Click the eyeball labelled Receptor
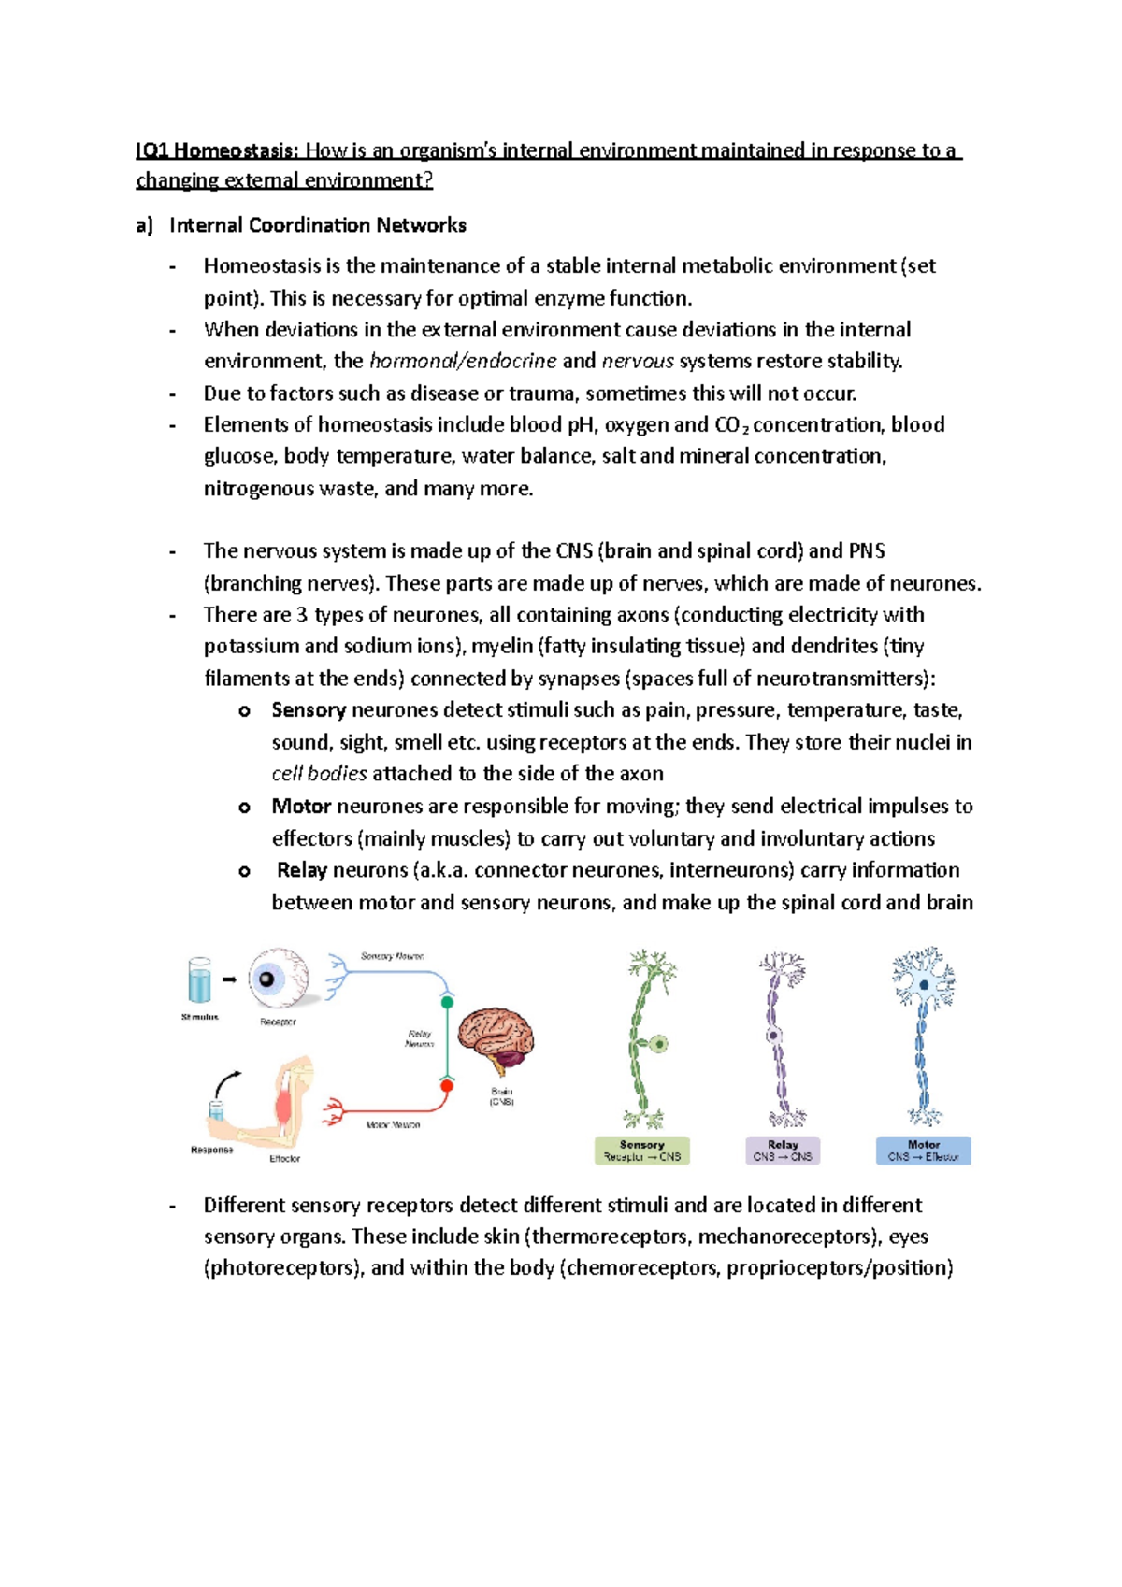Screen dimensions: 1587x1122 278,979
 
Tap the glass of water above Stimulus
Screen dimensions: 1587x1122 199,980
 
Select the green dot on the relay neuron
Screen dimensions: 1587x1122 447,1002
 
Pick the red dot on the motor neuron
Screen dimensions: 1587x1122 447,1085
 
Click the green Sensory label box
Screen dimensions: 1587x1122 642,1151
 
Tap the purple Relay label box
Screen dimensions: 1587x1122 783,1151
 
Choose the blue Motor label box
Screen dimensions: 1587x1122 923,1151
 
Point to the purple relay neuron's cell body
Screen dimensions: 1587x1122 773,1036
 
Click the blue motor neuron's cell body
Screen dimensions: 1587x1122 924,985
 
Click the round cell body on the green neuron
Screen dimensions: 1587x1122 660,1043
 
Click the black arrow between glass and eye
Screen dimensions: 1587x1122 229,979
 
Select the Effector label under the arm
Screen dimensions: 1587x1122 284,1159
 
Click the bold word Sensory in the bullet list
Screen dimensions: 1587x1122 309,710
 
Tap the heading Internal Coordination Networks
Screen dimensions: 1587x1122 317,225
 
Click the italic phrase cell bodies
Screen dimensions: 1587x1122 319,774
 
